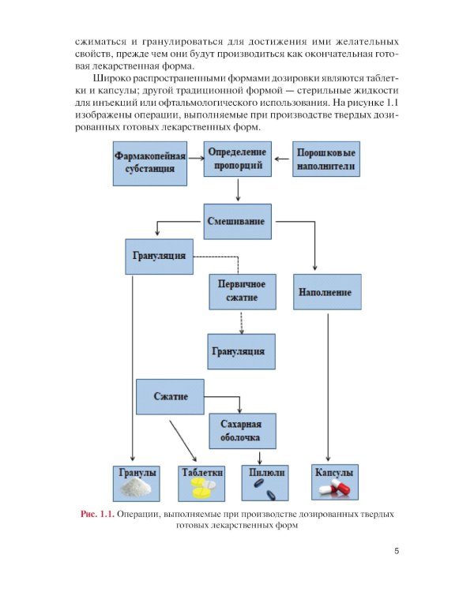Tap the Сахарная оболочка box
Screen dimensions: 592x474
tap(242, 430)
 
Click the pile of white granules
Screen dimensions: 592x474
tap(137, 489)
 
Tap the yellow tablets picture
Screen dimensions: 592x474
tap(201, 490)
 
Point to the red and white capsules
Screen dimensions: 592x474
tap(334, 490)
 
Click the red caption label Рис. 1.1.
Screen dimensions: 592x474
tap(98, 515)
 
